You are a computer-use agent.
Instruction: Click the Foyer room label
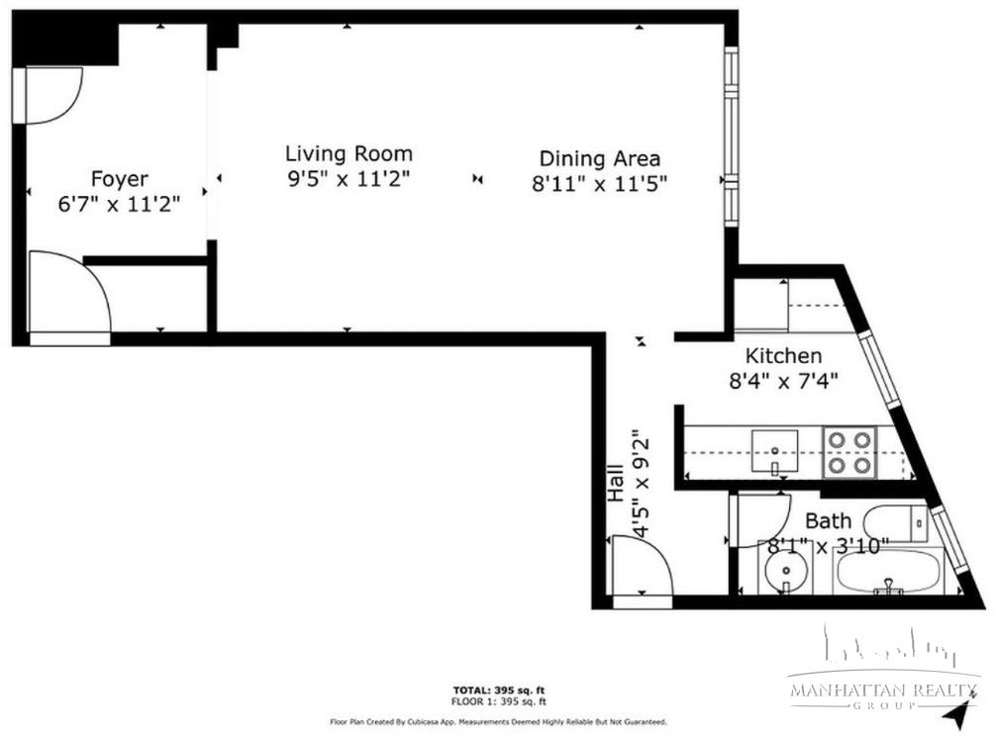pos(120,179)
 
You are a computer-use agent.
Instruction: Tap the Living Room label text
pos(349,154)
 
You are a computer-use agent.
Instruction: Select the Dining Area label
pos(600,158)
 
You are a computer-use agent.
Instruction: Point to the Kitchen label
pos(783,355)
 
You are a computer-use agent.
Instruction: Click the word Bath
pos(828,521)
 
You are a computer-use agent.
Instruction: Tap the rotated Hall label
pos(616,483)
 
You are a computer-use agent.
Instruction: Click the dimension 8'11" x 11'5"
pos(600,184)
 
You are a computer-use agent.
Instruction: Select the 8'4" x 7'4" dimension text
pos(783,381)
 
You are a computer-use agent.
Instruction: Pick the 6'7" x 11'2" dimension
pos(120,204)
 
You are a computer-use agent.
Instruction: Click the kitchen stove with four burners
pos(849,452)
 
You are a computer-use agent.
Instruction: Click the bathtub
pos(889,572)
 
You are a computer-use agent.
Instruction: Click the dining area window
pos(732,136)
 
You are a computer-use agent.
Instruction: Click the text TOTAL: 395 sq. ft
pos(499,690)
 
